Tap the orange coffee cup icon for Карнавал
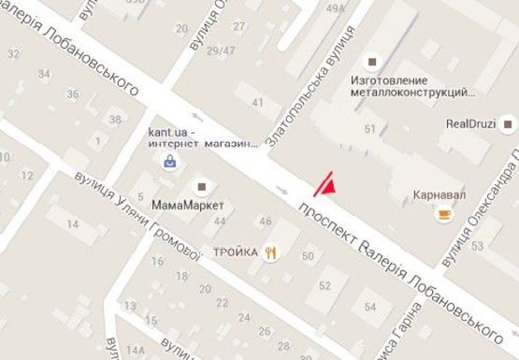pos(442,215)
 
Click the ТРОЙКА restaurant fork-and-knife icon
pos(271,252)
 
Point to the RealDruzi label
pos(469,122)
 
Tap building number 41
pos(259,100)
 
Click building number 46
pos(267,222)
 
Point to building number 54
pos(371,307)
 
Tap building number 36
pos(73,94)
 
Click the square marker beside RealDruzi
pos(509,121)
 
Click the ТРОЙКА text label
pos(236,252)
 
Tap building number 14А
pos(136,350)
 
